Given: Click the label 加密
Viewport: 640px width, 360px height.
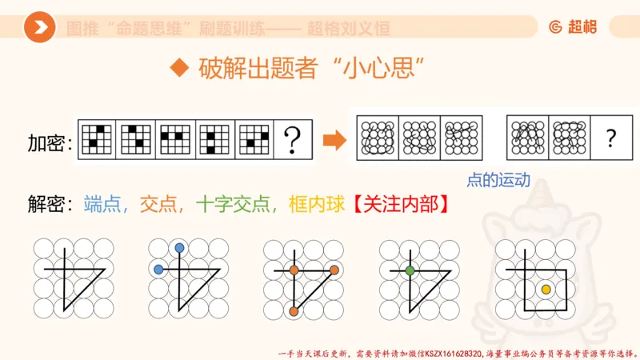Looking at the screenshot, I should [x=49, y=143].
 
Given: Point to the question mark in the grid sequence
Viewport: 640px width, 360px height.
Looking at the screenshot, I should [x=293, y=140].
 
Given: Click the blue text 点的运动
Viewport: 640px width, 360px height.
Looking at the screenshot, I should [x=498, y=180].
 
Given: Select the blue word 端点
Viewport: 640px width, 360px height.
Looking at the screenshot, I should [x=107, y=204].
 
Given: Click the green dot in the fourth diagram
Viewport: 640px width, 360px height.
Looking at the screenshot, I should [x=410, y=270].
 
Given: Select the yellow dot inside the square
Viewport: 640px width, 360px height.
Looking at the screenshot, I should [x=546, y=289].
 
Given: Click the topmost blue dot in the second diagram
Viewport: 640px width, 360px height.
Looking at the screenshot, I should [x=178, y=249].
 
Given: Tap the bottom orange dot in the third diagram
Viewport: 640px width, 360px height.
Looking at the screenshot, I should [x=294, y=310].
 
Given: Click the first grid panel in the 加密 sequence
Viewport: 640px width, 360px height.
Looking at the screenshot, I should [x=97, y=140].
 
